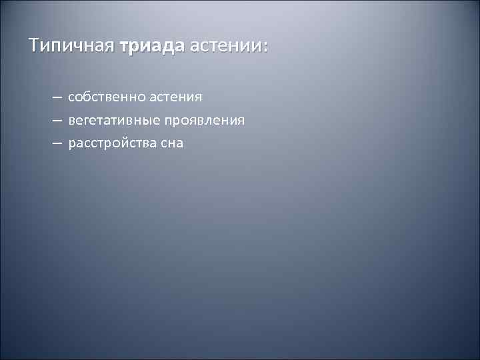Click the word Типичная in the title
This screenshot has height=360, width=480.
(x=73, y=46)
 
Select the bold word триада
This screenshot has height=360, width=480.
(x=153, y=46)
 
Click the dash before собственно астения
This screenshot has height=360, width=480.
(x=56, y=97)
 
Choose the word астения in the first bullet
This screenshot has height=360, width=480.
(x=175, y=97)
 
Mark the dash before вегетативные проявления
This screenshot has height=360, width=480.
(x=56, y=121)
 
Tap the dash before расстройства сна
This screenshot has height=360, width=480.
(x=56, y=143)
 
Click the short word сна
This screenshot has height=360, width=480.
(x=171, y=143)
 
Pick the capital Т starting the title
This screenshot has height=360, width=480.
(x=34, y=46)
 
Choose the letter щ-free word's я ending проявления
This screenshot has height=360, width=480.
(x=241, y=121)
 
